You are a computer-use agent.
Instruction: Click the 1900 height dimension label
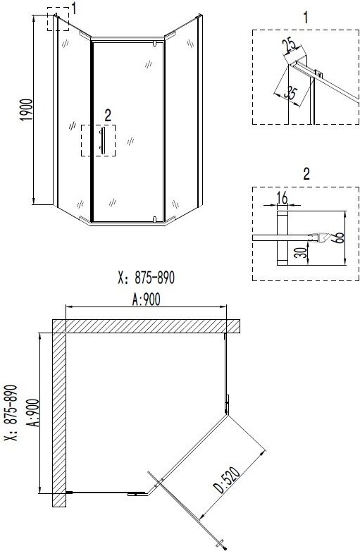27,110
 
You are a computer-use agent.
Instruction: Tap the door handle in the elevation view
102,140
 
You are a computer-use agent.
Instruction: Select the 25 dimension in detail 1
290,45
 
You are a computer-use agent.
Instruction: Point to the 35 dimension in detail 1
291,93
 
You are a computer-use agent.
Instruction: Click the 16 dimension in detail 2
282,198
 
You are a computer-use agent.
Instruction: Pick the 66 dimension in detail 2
340,237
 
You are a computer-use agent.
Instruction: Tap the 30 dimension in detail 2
300,252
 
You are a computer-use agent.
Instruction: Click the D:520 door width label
228,480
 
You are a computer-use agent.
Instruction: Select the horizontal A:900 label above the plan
146,299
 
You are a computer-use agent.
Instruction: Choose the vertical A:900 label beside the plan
33,413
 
